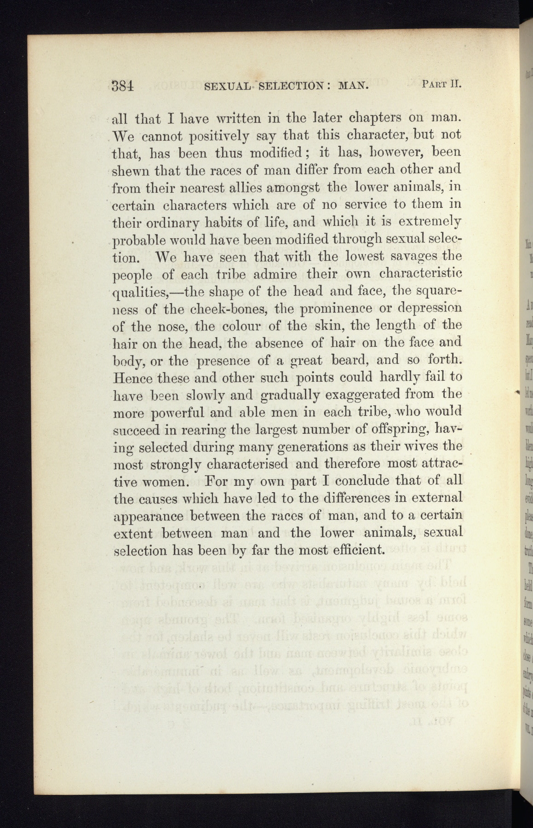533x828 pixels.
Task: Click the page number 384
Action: click(123, 86)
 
